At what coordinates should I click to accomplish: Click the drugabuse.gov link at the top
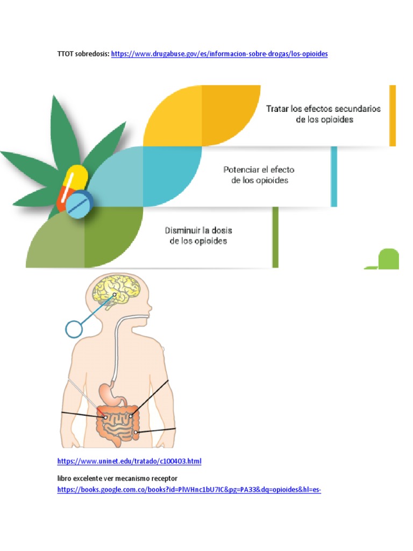click(219, 54)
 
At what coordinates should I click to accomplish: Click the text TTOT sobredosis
click(83, 54)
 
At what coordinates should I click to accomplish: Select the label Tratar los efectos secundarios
click(323, 114)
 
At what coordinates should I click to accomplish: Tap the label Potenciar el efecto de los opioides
click(259, 175)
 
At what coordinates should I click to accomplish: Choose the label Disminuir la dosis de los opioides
click(198, 236)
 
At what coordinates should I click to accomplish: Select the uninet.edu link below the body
click(129, 461)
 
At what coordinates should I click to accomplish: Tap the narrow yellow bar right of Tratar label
click(393, 115)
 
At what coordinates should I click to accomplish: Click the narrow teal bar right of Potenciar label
click(334, 176)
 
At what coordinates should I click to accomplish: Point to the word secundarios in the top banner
click(357, 109)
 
